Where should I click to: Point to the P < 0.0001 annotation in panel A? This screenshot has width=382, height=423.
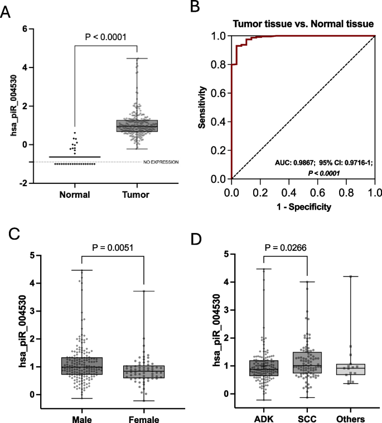(106, 37)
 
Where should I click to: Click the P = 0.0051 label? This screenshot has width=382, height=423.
(113, 246)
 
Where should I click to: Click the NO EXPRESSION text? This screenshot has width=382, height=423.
(160, 162)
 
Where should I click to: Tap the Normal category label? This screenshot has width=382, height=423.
(75, 194)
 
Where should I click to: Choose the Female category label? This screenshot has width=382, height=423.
(144, 420)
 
